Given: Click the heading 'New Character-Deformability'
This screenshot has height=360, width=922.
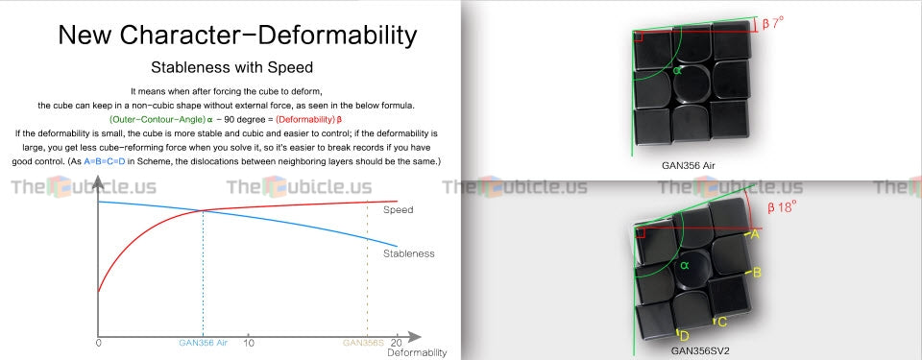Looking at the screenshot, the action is [x=237, y=35].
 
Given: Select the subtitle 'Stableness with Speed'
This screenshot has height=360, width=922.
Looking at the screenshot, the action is [x=231, y=67].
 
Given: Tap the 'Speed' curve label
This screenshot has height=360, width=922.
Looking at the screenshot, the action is [x=398, y=210].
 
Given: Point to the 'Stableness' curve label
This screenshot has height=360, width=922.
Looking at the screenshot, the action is [x=409, y=253].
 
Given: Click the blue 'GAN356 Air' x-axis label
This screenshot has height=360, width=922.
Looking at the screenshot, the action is [x=203, y=343].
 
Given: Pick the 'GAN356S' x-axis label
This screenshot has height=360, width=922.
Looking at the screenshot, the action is [x=363, y=343].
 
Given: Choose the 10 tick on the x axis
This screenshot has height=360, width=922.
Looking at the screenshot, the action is [x=248, y=343].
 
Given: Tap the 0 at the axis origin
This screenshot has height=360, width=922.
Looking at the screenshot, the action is [x=99, y=343].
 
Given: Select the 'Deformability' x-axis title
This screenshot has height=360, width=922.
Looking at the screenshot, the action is [x=417, y=353].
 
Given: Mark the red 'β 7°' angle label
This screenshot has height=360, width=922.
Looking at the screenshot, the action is [x=773, y=24].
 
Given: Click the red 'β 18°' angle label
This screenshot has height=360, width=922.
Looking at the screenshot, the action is [x=782, y=207].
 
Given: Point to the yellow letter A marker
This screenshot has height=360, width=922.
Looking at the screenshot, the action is [x=755, y=234].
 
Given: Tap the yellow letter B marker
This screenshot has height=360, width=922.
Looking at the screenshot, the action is [x=757, y=273].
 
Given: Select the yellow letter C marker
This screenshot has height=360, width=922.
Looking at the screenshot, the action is [x=722, y=322].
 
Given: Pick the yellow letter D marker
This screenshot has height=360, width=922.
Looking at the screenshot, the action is [x=684, y=336].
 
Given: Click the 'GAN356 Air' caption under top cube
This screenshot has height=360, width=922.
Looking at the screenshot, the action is [x=689, y=165].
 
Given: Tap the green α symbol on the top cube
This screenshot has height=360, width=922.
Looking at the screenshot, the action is [x=677, y=71].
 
